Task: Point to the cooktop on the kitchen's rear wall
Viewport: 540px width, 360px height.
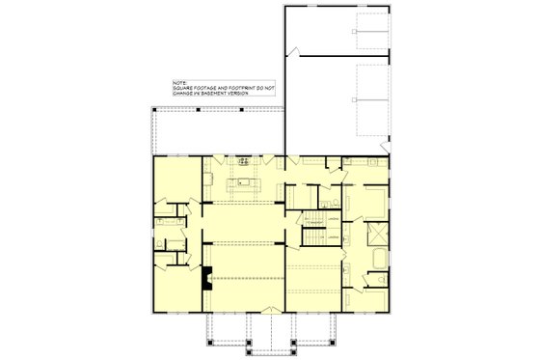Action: [244, 161]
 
